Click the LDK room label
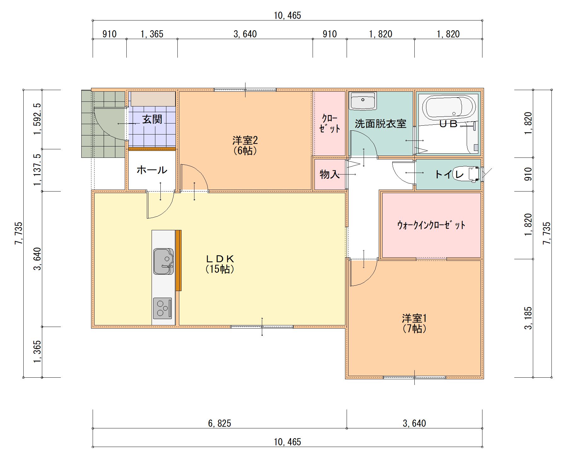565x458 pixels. point(220,259)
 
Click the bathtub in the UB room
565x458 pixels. point(449,107)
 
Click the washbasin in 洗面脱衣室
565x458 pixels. point(363,101)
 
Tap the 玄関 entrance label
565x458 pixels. point(152,119)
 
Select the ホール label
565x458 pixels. point(152,170)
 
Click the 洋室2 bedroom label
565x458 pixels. point(245,140)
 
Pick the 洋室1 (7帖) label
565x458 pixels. point(414,323)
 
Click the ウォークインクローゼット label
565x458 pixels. point(431,225)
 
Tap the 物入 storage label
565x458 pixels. point(329,174)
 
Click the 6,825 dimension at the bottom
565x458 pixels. point(219,423)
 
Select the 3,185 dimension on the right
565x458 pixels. point(528,318)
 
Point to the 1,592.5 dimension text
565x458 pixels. point(37,119)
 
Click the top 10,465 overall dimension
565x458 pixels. point(287,15)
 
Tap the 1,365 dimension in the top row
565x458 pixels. point(152,34)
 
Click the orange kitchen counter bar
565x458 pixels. point(178,260)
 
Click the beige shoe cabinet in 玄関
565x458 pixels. point(153,99)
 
